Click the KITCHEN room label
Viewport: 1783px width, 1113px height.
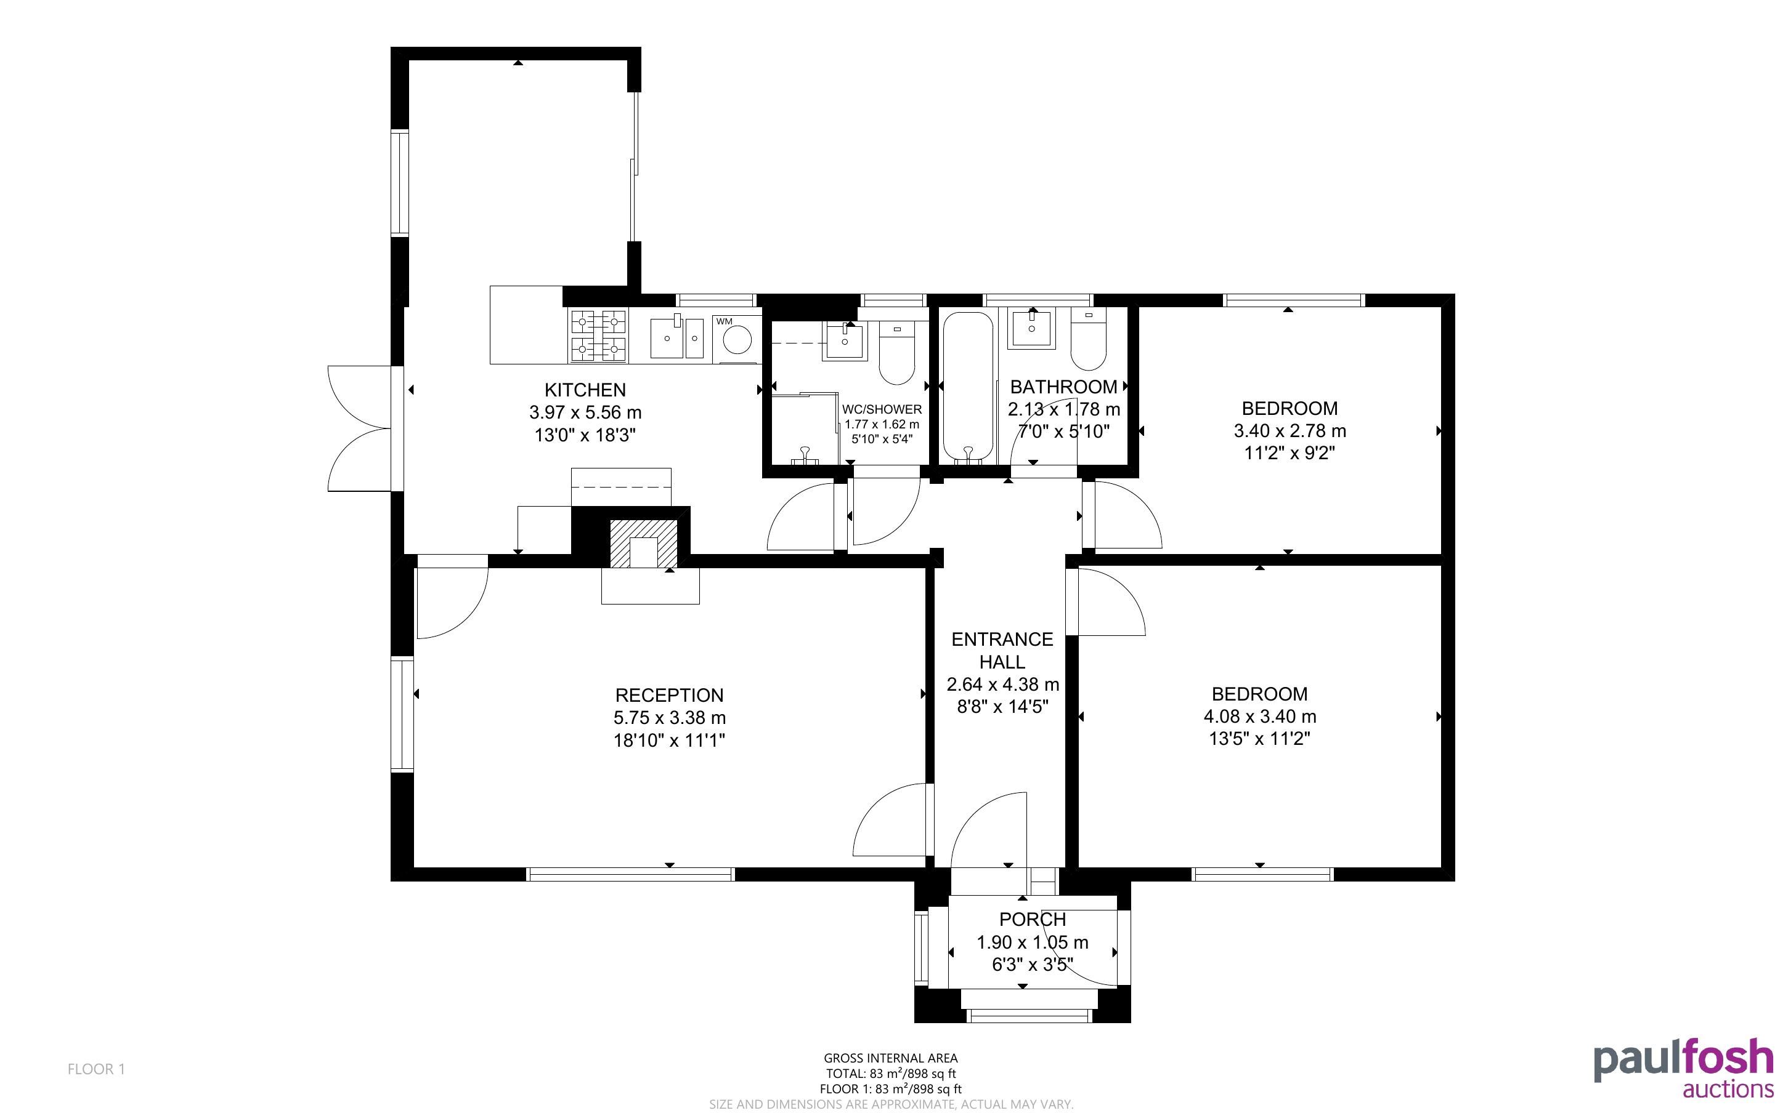pyautogui.click(x=585, y=390)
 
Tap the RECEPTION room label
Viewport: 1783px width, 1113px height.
pyautogui.click(x=670, y=695)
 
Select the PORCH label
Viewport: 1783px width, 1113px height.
pyautogui.click(x=1033, y=920)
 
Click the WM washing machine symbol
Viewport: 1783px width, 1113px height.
pyautogui.click(x=736, y=339)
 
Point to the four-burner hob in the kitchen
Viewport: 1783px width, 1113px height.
pyautogui.click(x=598, y=336)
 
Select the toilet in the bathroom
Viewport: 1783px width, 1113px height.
pyautogui.click(x=1089, y=339)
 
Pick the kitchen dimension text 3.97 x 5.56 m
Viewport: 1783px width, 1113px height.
pyautogui.click(x=585, y=413)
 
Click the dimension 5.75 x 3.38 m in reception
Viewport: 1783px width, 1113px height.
pyautogui.click(x=670, y=718)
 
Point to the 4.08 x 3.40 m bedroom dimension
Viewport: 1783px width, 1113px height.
pyautogui.click(x=1260, y=716)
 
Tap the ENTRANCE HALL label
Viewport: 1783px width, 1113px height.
pyautogui.click(x=1002, y=651)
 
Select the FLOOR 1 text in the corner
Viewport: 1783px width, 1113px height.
pyautogui.click(x=97, y=1069)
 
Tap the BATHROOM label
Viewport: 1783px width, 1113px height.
pyautogui.click(x=1063, y=387)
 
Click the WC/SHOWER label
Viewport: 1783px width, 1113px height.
pyautogui.click(x=882, y=409)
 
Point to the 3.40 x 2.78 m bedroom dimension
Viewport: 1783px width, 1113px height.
pyautogui.click(x=1290, y=431)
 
